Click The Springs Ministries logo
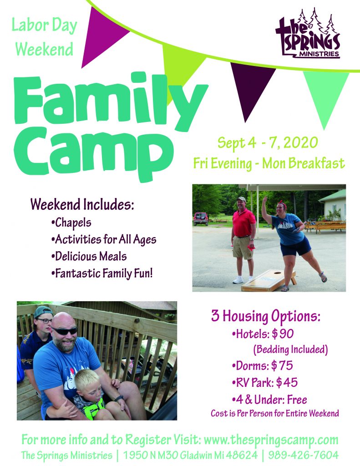[x=308, y=33]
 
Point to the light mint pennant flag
[x=325, y=95]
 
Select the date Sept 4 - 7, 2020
[x=268, y=143]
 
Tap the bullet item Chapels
[x=71, y=223]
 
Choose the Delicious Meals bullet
[x=89, y=257]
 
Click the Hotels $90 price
[x=263, y=334]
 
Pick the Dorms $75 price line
[x=262, y=365]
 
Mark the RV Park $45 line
[x=264, y=382]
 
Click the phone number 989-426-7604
[x=303, y=455]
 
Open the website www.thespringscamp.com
[x=271, y=440]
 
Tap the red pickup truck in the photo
[x=201, y=219]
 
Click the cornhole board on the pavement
[x=269, y=280]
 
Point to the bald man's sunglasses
[x=64, y=330]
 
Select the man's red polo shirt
[x=243, y=222]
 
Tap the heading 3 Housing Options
[x=266, y=316]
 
